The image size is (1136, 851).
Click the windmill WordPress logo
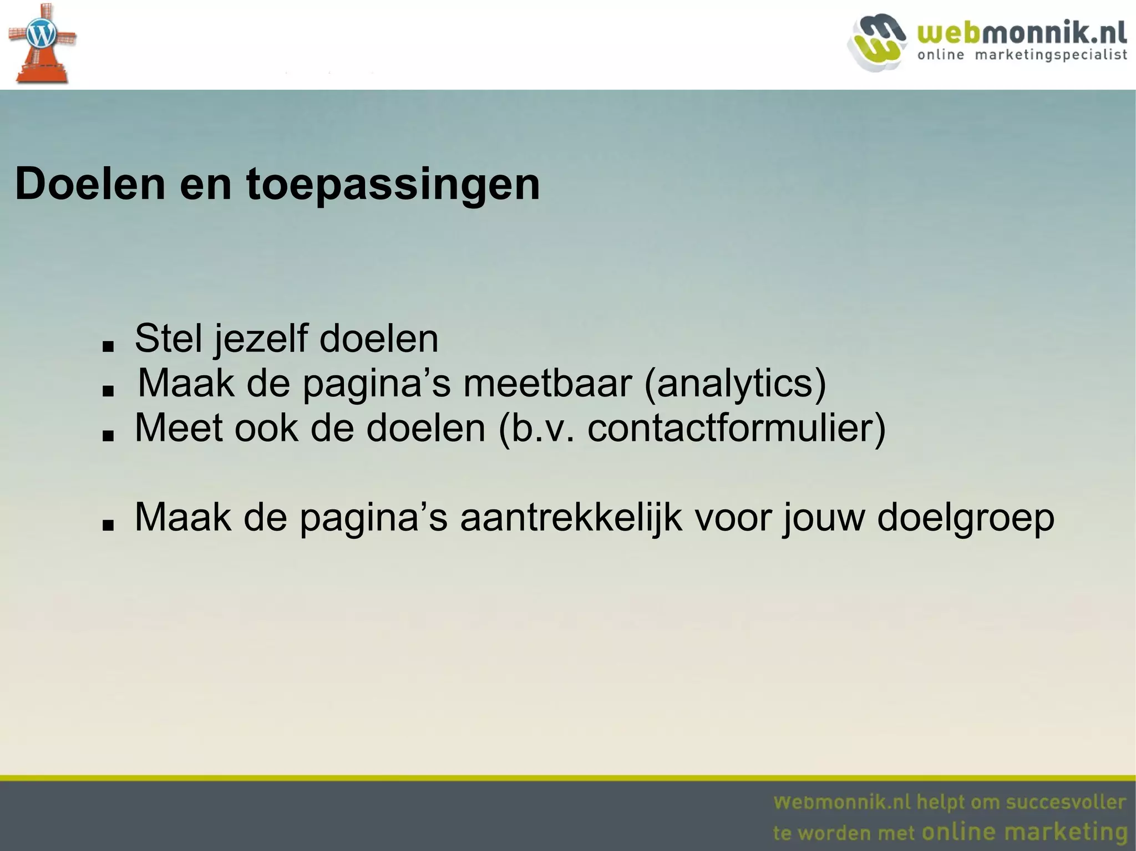click(x=41, y=43)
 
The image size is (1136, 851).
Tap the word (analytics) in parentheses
click(x=735, y=384)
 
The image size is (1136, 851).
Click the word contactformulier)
click(x=737, y=428)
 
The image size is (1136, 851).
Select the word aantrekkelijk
click(x=571, y=518)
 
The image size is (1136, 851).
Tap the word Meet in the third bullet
click(x=179, y=428)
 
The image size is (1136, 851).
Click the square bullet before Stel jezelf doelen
click(x=108, y=346)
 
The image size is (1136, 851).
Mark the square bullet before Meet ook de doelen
click(x=108, y=436)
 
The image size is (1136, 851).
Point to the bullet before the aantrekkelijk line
click(x=108, y=525)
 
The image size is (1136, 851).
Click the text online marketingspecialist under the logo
click(x=1022, y=55)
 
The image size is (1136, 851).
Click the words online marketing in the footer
click(x=1024, y=832)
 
